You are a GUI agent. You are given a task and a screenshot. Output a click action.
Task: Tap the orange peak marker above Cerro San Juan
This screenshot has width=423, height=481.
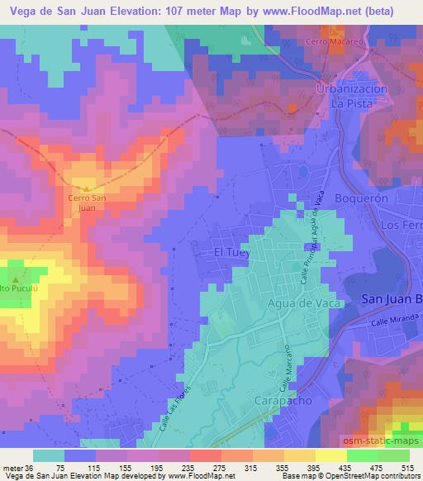click(88, 189)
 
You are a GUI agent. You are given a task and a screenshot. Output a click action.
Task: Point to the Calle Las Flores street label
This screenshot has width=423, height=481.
click(171, 405)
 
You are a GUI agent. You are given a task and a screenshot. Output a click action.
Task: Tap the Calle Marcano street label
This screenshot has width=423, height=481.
click(287, 367)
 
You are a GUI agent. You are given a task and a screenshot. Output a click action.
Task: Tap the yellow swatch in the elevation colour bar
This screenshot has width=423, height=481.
click(330, 455)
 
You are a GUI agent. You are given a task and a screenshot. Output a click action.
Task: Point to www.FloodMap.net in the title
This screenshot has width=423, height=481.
click(316, 10)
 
